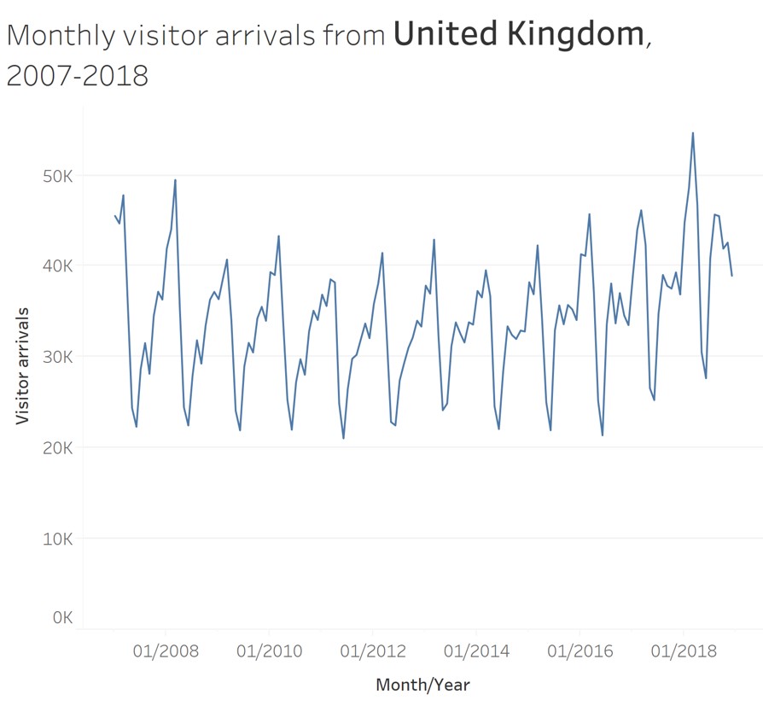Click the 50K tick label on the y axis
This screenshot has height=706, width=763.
pyautogui.click(x=57, y=176)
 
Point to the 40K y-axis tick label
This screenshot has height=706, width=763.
pyautogui.click(x=57, y=266)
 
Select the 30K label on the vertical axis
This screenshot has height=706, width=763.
pyautogui.click(x=57, y=357)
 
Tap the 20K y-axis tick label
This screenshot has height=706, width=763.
pyautogui.click(x=57, y=447)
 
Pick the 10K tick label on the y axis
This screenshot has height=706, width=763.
pyautogui.click(x=57, y=539)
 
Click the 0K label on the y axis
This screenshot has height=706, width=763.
pyautogui.click(x=61, y=617)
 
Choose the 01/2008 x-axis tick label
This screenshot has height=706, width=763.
pyautogui.click(x=166, y=652)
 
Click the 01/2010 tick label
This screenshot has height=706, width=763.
pyautogui.click(x=269, y=652)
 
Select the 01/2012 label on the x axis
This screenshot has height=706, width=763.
pyautogui.click(x=373, y=652)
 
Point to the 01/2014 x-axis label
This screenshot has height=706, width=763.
pyautogui.click(x=476, y=652)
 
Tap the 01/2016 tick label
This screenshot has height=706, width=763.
pyautogui.click(x=580, y=652)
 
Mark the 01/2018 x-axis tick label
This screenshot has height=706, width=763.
pyautogui.click(x=684, y=652)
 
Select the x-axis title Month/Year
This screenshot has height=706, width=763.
pyautogui.click(x=422, y=685)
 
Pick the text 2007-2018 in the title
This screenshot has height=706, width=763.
pyautogui.click(x=78, y=75)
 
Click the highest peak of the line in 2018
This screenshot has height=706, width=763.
pyautogui.click(x=693, y=132)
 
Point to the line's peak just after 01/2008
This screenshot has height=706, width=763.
pyautogui.click(x=175, y=179)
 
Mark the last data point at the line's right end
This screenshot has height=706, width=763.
pyautogui.click(x=731, y=276)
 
